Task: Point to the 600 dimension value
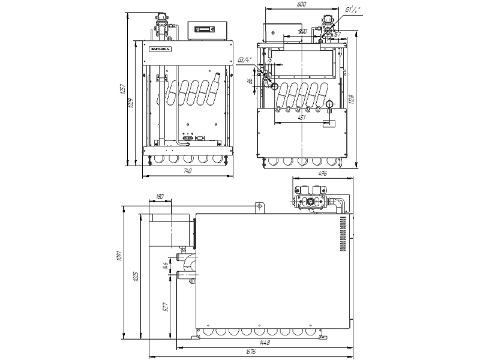pyautogui.click(x=302, y=5)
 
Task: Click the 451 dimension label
pyautogui.click(x=302, y=118)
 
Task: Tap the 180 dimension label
pyautogui.click(x=159, y=196)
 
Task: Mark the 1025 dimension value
pyautogui.click(x=136, y=277)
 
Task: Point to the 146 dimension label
pyautogui.click(x=165, y=266)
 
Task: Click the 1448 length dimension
pyautogui.click(x=265, y=343)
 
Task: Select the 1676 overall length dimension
pyautogui.click(x=252, y=352)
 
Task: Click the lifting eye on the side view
pyautogui.click(x=259, y=206)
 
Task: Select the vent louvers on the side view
pyautogui.click(x=344, y=234)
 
